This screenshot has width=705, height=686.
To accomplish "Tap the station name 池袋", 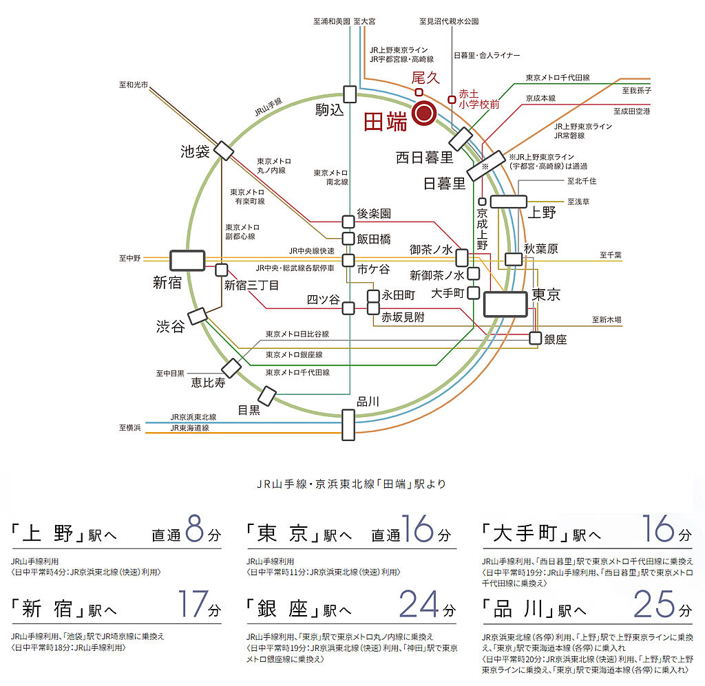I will [195, 151].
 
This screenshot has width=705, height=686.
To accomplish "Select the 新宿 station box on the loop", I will [187, 260].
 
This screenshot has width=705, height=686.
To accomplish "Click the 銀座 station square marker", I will [536, 338].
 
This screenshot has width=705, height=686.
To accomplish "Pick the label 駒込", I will [329, 110].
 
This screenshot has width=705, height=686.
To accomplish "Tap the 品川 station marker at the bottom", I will [349, 424].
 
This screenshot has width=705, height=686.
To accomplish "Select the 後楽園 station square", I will [348, 221].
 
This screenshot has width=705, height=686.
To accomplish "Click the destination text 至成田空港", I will [631, 111].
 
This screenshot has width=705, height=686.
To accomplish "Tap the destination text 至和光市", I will [134, 85].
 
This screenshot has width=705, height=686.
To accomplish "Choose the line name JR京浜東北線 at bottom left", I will [193, 417].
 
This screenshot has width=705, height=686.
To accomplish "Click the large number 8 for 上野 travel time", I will [195, 529].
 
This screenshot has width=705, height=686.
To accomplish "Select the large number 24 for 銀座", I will [419, 604].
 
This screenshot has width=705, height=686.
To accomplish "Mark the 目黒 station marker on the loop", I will [266, 396].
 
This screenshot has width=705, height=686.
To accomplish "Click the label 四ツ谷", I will [322, 300].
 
